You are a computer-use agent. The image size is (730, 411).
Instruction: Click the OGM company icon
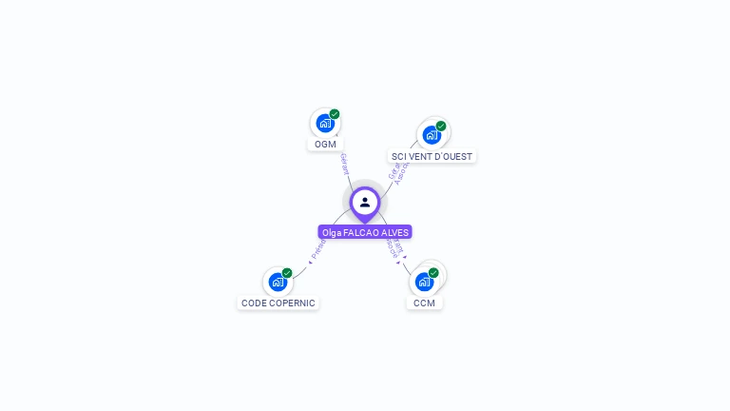coord(325,123)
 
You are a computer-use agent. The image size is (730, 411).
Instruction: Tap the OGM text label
coord(325,145)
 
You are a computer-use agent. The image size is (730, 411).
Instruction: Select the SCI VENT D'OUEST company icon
coord(432,134)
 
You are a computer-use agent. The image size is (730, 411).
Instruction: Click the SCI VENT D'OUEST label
coord(432,156)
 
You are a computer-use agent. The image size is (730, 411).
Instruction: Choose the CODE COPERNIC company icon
coord(278,282)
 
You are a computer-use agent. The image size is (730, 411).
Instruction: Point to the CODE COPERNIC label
coord(278,303)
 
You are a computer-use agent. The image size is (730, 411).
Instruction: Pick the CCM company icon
coord(424,282)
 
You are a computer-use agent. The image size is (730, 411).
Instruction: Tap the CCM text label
coord(424,303)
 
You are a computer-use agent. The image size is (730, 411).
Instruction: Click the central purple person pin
coord(365,202)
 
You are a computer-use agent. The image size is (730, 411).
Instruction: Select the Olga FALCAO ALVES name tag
coord(365,232)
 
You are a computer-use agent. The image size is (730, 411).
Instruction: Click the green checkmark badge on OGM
coord(335,114)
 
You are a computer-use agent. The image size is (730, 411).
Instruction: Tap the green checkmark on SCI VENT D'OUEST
coord(441,126)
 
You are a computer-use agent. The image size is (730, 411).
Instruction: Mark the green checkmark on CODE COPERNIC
coord(287,273)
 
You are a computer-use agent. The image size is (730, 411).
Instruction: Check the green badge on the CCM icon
coord(433,273)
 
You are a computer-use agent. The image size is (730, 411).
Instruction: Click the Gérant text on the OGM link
coord(344,164)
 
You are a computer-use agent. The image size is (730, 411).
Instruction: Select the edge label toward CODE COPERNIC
coord(317,250)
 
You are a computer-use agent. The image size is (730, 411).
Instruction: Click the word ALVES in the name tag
coord(394,232)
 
